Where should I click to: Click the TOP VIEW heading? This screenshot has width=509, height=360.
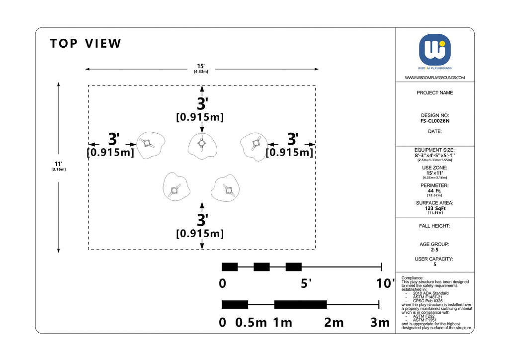click(x=85, y=43)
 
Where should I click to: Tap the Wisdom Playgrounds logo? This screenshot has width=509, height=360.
click(x=434, y=50)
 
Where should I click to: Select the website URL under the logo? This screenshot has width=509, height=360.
click(x=434, y=78)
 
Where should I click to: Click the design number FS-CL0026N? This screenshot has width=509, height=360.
click(x=434, y=121)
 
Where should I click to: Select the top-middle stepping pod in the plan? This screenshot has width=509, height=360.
click(x=202, y=146)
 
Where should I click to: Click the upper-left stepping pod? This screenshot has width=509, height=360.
click(x=151, y=145)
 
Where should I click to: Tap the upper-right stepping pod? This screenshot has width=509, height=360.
click(x=254, y=146)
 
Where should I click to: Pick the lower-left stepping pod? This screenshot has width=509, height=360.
click(x=176, y=187)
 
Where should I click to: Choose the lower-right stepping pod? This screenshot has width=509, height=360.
click(x=225, y=188)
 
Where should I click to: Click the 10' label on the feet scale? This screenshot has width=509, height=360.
click(x=385, y=283)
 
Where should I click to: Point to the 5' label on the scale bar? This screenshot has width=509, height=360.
click(x=306, y=283)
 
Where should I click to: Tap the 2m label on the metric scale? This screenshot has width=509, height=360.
click(x=334, y=323)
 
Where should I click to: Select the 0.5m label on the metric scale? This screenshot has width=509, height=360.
click(x=251, y=323)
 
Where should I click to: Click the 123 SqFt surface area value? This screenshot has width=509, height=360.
click(x=435, y=208)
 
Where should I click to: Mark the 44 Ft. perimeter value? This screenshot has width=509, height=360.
click(x=434, y=191)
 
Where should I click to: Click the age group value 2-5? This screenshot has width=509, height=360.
click(x=434, y=250)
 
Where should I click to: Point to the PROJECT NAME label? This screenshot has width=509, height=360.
click(x=434, y=93)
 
